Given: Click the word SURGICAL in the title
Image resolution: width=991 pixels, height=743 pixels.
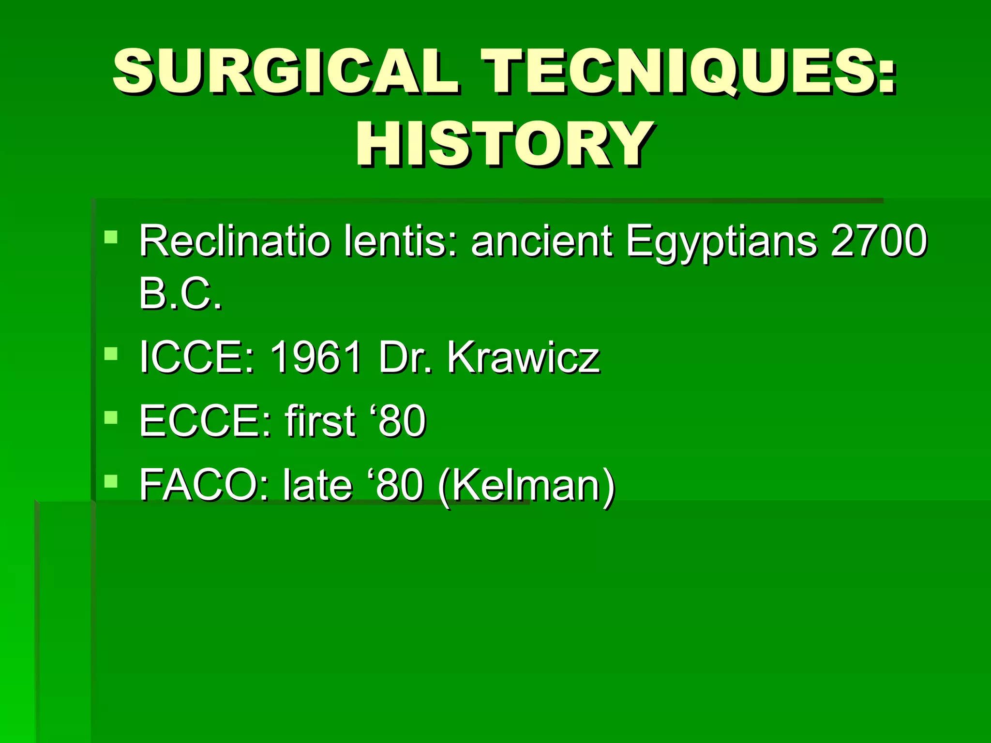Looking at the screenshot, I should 285,71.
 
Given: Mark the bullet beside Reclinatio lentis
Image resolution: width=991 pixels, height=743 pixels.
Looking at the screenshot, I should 111,237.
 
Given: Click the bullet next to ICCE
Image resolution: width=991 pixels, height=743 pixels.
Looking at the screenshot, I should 111,354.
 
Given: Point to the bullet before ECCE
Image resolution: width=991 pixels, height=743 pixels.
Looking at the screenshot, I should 111,417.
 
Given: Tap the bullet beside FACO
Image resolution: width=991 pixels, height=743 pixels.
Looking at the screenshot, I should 111,481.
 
